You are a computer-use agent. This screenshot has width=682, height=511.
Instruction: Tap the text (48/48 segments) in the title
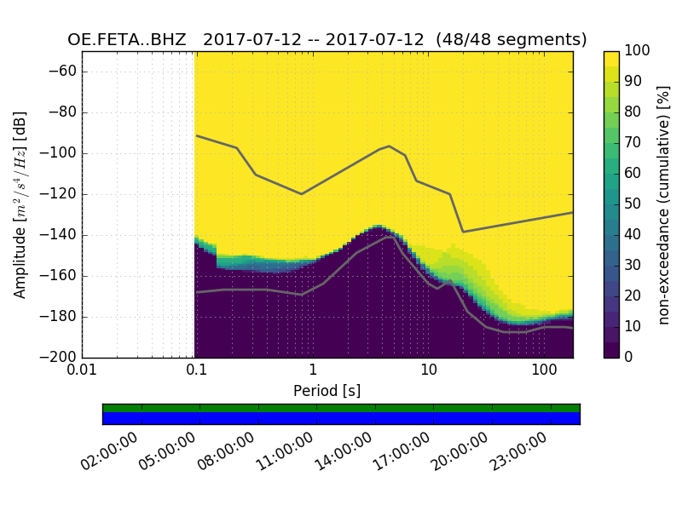(x=511, y=40)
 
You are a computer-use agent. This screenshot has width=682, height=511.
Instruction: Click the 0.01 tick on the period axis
(x=82, y=370)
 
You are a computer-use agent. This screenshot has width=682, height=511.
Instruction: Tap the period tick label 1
(x=313, y=370)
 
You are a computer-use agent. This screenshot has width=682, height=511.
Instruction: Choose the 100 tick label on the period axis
(x=544, y=370)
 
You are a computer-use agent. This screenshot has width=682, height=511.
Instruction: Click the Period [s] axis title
(x=327, y=391)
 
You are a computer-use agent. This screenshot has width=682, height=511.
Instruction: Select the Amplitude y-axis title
(x=20, y=204)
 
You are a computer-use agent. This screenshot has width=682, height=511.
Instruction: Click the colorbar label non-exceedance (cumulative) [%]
(x=664, y=204)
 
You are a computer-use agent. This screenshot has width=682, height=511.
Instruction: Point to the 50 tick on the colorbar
(x=633, y=204)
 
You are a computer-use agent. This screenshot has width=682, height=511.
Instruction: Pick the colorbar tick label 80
(x=633, y=112)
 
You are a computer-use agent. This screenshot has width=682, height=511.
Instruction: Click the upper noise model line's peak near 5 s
(x=390, y=146)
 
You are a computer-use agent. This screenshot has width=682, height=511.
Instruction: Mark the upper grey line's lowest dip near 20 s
(x=463, y=232)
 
